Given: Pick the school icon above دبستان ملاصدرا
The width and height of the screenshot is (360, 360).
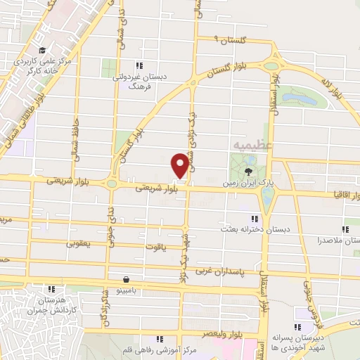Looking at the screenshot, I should coord(345,229).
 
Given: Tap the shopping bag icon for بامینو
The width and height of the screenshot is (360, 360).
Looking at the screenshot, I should coord(125,278).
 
